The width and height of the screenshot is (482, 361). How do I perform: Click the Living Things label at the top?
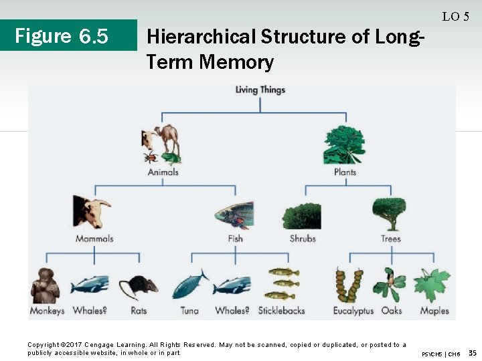260,90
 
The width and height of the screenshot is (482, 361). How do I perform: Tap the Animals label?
163,172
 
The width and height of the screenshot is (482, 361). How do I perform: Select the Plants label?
345,172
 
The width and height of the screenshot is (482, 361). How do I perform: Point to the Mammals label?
94,239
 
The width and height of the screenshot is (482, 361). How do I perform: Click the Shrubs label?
303,239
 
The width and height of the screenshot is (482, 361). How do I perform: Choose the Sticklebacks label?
281,311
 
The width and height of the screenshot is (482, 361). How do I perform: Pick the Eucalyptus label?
353,311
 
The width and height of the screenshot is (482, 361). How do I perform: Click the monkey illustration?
45,286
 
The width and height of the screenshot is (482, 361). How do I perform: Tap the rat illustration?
139,286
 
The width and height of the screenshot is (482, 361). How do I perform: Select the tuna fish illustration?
190,285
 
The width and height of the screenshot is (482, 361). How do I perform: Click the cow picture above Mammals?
92,212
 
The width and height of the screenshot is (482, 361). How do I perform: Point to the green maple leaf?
431,285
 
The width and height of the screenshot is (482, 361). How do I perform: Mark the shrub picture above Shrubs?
302,217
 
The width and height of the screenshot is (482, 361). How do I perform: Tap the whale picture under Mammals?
90,285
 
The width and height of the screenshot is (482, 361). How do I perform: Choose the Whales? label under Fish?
232,311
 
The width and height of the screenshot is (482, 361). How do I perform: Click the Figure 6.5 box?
62,35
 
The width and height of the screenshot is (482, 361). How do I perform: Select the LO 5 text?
455,17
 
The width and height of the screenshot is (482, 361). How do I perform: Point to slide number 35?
472,352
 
